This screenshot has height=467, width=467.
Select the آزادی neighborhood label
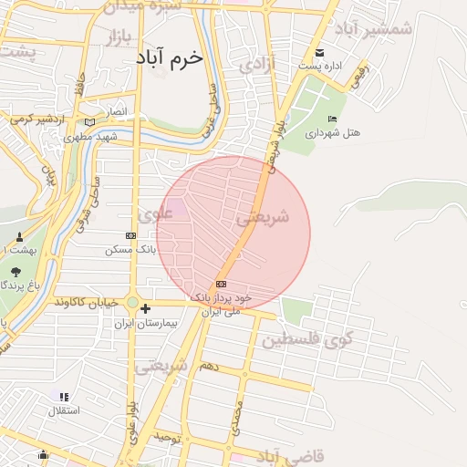255,66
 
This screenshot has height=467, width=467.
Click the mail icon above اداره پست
319,51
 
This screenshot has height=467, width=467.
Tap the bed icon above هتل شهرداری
333,119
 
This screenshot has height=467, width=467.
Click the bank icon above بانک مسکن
131,235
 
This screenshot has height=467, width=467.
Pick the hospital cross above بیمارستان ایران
145,310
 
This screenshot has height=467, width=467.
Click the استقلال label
63,410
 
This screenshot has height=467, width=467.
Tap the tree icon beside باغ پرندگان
16,271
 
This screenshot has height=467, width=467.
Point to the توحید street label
169,439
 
